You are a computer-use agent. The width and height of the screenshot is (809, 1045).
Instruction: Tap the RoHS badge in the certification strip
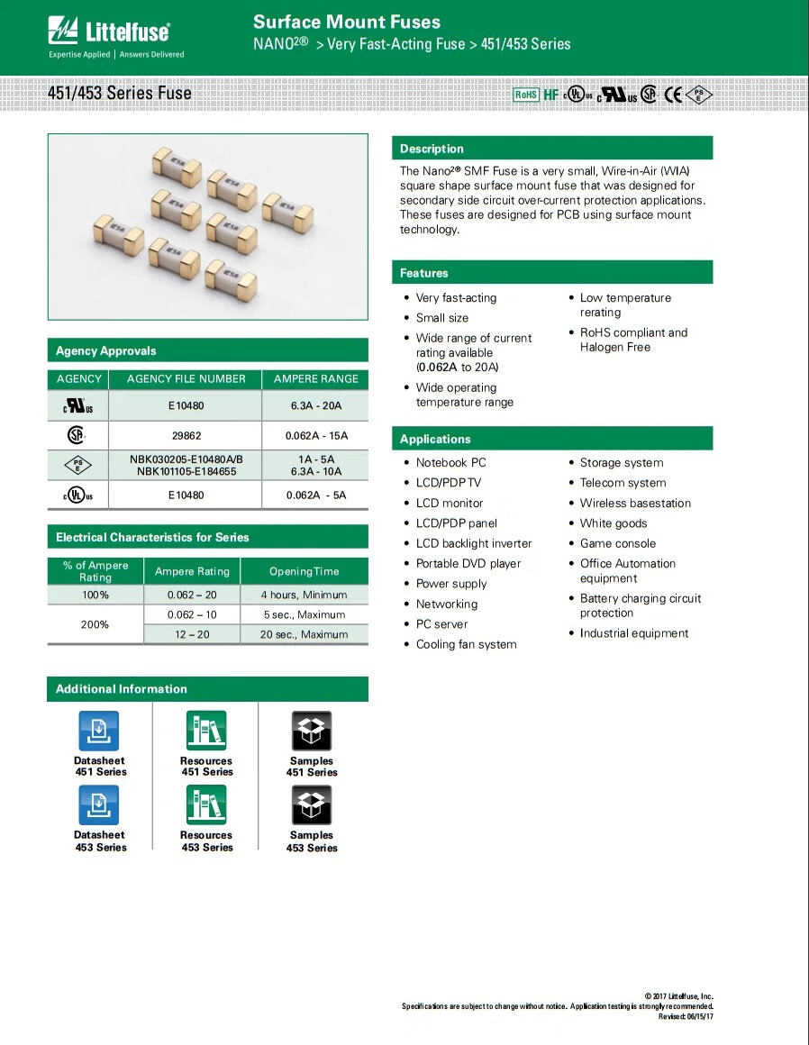pos(525,95)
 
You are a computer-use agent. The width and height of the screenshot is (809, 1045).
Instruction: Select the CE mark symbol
pos(673,95)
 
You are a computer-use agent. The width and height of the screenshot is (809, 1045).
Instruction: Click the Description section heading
pos(432,149)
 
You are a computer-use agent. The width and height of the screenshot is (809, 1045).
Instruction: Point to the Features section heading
pos(423,273)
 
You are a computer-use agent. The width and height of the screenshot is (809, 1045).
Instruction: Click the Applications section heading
pos(435,439)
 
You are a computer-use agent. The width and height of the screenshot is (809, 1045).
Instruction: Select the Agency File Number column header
pos(186,379)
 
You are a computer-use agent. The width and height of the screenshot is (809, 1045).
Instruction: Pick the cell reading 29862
pos(186,436)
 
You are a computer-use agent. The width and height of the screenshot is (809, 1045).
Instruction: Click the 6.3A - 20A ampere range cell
pos(315,406)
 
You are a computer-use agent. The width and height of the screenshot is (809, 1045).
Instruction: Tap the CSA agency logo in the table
pos(76,435)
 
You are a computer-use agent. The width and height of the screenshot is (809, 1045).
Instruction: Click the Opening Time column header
pos(304,571)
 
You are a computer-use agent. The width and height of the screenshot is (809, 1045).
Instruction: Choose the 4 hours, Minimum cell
pos(304,595)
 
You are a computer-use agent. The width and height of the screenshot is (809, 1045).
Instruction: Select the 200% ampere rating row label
pos(95,624)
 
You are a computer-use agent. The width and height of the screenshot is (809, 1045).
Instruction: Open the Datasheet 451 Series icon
pos(99,731)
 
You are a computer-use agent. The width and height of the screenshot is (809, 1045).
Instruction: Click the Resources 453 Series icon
pos(205,805)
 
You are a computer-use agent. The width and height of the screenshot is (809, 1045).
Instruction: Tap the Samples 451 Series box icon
pos(312,731)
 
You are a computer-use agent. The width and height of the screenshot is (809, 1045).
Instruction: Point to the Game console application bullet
pos(617,543)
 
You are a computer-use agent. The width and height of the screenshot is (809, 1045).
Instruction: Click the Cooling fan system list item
pos(466,644)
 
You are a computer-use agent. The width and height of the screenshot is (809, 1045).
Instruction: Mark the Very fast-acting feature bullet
pos(456,297)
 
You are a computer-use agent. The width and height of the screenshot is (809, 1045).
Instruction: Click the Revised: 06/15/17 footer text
pos(686,1016)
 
